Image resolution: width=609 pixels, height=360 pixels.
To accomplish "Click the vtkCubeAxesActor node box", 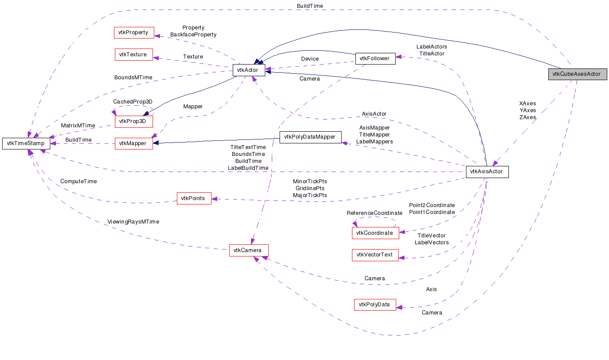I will click(577, 74).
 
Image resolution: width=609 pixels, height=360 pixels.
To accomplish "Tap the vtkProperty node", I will click(134, 32).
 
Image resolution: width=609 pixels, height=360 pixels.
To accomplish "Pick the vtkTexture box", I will click(134, 55).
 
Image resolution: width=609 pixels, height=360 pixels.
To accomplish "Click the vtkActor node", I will click(249, 70).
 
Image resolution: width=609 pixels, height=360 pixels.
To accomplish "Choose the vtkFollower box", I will click(375, 58).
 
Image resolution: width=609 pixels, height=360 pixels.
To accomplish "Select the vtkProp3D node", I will click(134, 122).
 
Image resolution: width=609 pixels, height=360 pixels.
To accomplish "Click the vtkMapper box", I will click(134, 143).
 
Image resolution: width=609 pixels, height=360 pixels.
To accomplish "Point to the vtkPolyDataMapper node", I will click(310, 137).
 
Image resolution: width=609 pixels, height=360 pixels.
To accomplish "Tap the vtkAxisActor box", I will click(487, 172).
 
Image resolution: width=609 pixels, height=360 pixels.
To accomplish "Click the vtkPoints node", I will click(194, 198).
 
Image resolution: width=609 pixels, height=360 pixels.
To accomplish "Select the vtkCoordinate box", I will click(375, 233).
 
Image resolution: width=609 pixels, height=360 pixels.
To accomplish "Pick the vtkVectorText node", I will click(375, 255).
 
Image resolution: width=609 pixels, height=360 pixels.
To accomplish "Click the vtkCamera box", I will click(249, 250).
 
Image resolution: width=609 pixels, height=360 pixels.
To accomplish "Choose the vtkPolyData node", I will click(375, 305).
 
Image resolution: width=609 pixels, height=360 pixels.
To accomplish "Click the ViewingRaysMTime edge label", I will click(133, 222).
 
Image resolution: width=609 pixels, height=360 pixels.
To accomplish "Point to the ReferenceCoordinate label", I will click(374, 213).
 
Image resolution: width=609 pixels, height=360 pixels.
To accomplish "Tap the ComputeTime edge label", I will click(78, 182).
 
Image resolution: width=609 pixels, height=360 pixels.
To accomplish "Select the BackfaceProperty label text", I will click(193, 35).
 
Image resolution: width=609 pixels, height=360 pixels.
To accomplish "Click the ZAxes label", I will click(527, 117).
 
